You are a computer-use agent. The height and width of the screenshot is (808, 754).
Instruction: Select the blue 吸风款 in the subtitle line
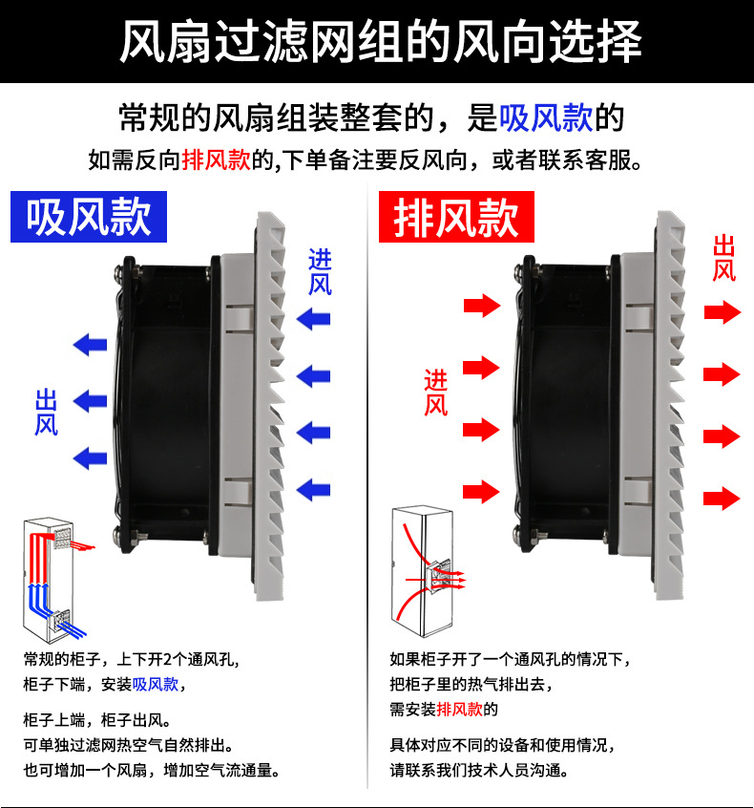coord(545,117)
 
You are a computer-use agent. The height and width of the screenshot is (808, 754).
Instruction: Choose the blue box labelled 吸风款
coord(89,217)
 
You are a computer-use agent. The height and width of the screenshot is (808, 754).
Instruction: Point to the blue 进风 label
coord(320,271)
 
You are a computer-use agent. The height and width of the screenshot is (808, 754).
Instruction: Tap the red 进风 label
coord(435,393)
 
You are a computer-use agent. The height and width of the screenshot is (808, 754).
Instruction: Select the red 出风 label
coord(724,258)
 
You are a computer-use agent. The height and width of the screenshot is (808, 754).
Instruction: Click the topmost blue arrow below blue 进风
coord(312,318)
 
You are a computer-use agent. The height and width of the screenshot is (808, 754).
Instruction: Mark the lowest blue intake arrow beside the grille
coord(312,490)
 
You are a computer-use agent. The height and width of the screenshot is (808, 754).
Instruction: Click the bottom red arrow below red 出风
coord(723,498)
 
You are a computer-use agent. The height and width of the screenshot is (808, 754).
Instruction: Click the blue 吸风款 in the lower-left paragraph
coord(156,684)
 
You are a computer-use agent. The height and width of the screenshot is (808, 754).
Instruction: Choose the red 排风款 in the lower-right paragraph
coord(460,710)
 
